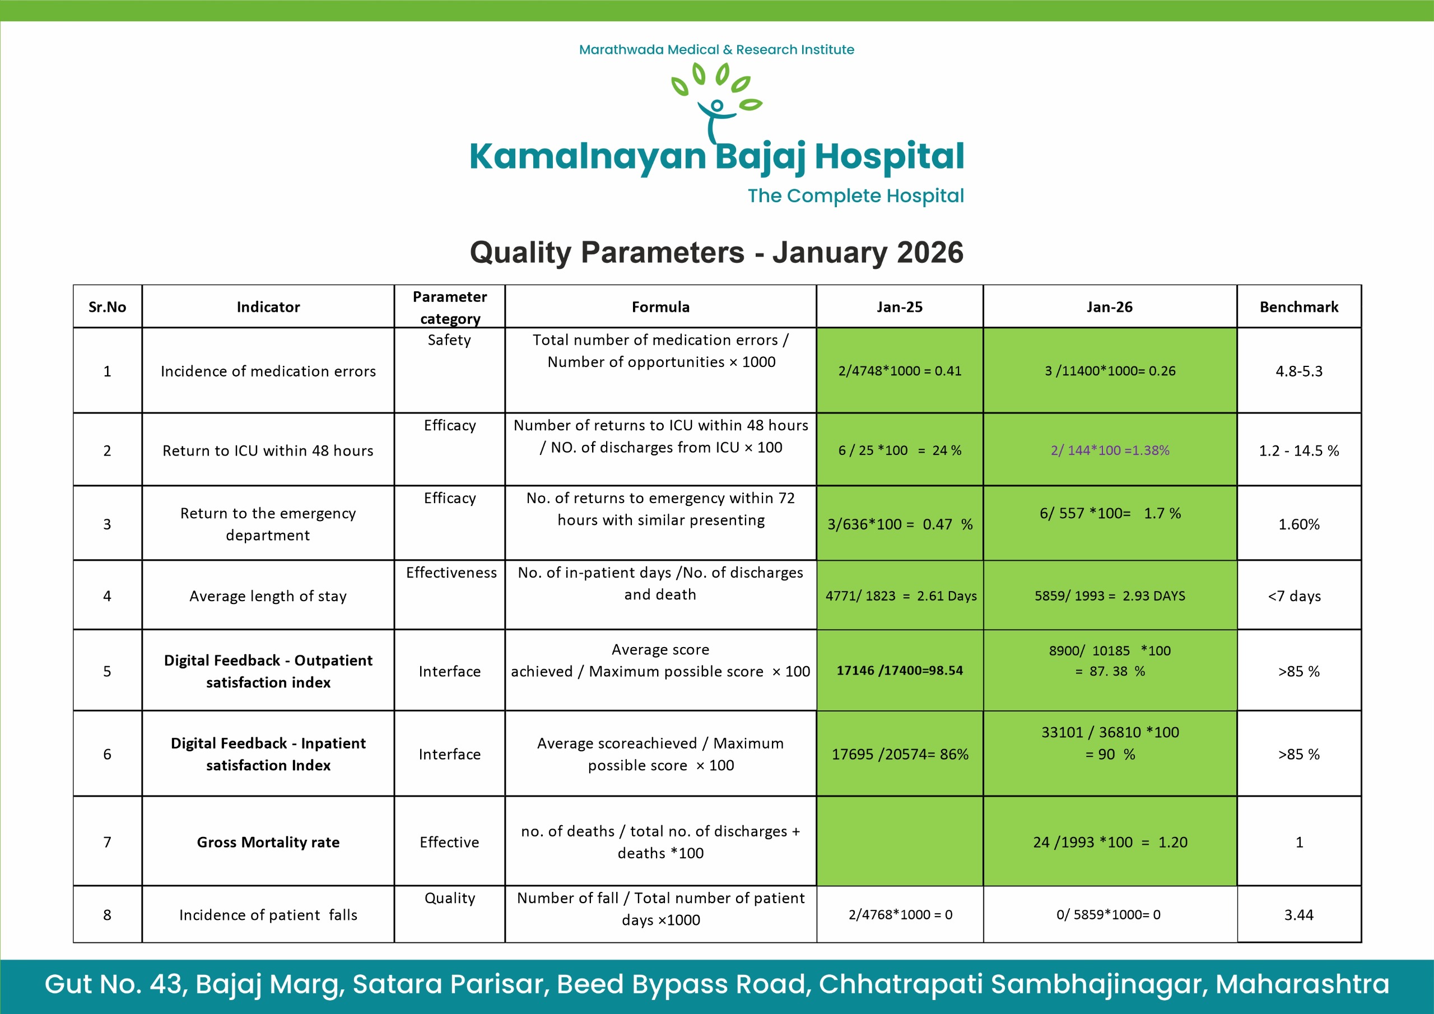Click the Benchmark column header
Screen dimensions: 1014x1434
1298,307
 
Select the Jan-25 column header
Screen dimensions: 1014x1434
900,307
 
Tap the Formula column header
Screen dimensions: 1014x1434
660,307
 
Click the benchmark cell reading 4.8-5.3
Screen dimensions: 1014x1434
1298,371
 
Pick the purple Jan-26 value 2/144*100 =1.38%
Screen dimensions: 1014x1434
1109,450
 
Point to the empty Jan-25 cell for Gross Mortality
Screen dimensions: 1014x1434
900,841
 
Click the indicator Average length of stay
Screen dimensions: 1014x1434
268,596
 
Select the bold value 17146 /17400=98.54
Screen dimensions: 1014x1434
900,671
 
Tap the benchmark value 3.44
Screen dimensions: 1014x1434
1298,915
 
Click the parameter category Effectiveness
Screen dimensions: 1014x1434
451,573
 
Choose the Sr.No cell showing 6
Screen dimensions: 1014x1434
108,754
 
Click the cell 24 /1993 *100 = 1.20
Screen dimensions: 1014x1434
1109,842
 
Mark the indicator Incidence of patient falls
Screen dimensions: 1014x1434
268,915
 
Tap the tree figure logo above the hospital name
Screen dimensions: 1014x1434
717,103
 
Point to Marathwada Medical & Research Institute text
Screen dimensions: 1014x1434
716,49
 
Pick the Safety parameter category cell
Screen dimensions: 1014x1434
449,341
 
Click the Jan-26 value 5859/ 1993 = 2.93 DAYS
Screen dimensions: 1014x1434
1109,596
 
